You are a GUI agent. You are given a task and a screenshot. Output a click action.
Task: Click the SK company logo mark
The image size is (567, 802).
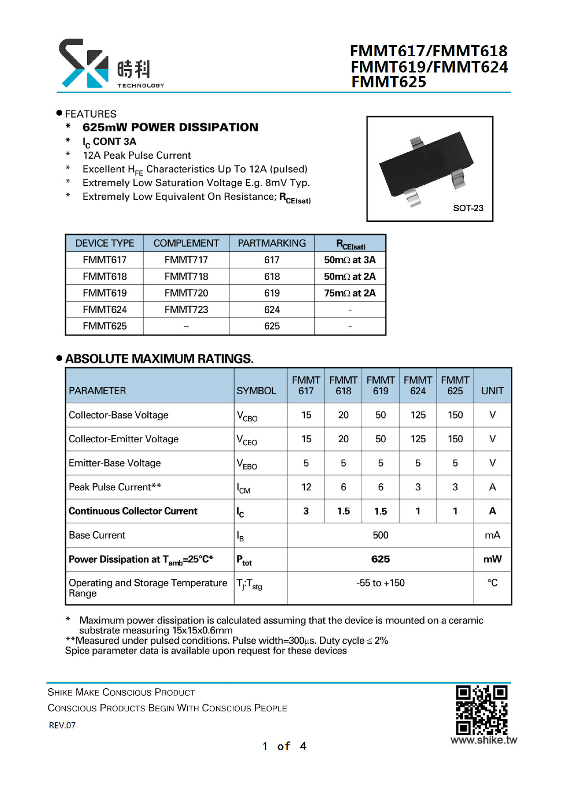[84, 63]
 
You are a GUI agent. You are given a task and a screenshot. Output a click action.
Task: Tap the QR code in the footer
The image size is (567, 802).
[481, 710]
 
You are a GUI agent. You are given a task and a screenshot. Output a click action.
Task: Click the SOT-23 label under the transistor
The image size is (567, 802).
[468, 208]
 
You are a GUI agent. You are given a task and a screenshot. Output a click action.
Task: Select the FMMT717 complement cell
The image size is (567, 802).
[186, 260]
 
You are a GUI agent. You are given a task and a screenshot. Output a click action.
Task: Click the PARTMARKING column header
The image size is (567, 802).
[272, 243]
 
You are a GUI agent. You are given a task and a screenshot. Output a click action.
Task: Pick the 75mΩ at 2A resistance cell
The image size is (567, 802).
[350, 293]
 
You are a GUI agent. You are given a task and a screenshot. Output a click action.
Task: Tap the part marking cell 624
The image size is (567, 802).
[272, 310]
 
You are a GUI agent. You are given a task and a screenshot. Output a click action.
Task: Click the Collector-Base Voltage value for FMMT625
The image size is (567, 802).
[455, 415]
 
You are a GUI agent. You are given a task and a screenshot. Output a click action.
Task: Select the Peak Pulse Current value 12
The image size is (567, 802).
[306, 487]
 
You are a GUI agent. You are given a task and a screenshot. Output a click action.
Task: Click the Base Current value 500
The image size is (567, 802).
[380, 535]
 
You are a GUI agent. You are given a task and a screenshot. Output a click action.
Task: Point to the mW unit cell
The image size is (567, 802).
[492, 559]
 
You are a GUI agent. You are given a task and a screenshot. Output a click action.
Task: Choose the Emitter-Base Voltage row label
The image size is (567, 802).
[115, 463]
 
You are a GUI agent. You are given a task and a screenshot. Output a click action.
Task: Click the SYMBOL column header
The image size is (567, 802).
[256, 390]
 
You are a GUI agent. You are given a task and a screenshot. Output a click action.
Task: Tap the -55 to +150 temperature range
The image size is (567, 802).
[380, 583]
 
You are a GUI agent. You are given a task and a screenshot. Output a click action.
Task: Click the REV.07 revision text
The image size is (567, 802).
[62, 725]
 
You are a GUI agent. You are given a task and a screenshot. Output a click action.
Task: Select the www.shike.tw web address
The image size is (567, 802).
[483, 740]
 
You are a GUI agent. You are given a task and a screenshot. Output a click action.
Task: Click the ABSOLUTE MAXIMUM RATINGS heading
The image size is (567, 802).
[159, 358]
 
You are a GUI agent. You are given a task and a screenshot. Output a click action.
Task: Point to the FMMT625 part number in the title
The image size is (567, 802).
[389, 82]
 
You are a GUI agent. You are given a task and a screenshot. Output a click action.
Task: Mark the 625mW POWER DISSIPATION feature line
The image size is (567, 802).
[170, 127]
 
